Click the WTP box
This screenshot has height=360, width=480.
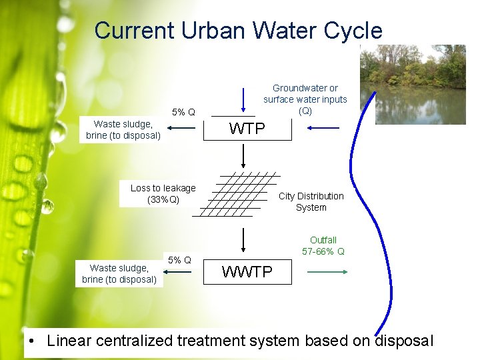click(x=247, y=129)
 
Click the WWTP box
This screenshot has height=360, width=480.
click(x=247, y=272)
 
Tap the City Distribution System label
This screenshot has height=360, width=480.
click(x=311, y=201)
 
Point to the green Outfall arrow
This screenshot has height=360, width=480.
click(x=327, y=272)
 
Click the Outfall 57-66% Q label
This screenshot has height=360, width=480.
click(x=323, y=245)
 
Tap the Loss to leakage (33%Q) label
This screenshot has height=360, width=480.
click(x=163, y=193)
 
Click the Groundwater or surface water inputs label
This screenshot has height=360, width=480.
click(x=305, y=99)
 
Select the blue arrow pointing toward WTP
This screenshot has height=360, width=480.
click(x=325, y=127)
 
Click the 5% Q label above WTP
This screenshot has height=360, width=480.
click(x=183, y=112)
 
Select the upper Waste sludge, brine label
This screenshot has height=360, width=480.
click(x=123, y=129)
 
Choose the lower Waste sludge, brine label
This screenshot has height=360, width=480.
click(x=119, y=273)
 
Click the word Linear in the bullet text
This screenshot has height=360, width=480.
click(x=69, y=341)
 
